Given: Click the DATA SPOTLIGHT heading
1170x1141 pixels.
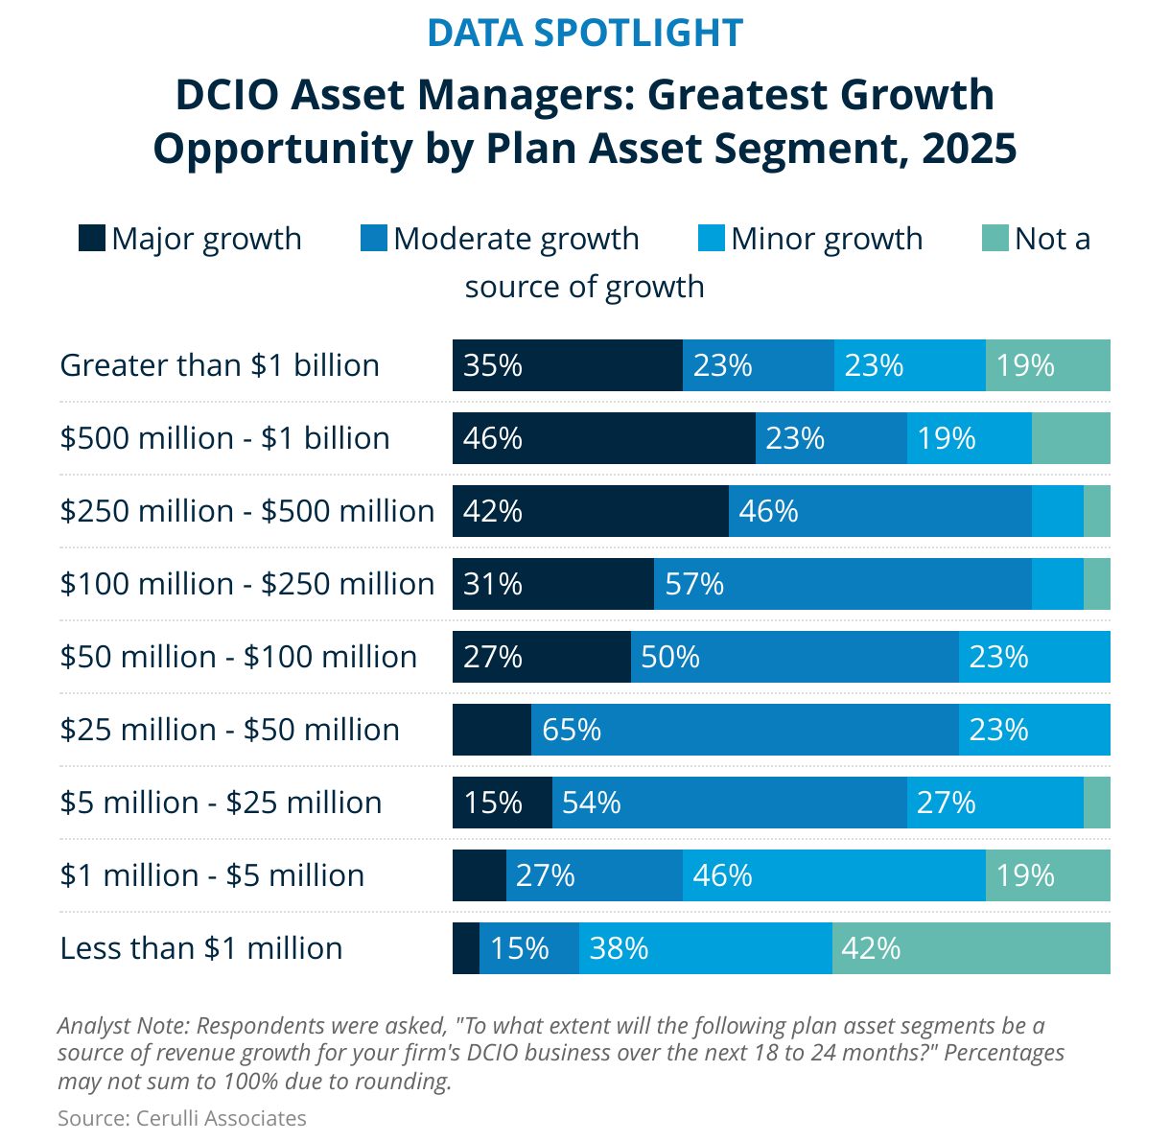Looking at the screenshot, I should (584, 33).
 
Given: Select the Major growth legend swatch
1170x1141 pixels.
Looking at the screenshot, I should (91, 238).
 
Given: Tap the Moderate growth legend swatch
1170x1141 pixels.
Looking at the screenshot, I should (373, 238).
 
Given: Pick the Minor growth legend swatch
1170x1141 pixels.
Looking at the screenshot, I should (711, 238).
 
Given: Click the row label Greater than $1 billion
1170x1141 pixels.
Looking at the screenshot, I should (220, 365).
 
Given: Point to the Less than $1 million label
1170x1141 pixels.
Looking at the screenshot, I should (201, 948).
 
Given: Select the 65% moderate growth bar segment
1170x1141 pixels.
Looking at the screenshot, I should (744, 730).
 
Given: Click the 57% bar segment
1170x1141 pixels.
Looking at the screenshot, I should (842, 584).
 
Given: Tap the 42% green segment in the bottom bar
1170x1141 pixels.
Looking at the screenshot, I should (971, 948).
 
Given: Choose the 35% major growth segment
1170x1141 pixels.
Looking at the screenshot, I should (567, 365).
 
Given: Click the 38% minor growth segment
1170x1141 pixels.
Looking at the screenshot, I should (705, 948).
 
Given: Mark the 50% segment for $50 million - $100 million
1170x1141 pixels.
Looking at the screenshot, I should (794, 657).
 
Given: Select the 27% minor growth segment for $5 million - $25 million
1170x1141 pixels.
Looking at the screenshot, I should (994, 803).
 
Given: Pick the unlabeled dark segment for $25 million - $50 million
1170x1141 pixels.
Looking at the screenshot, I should (492, 730).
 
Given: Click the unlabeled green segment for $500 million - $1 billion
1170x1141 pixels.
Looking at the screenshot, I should (1070, 438).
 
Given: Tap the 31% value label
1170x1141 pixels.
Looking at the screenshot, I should (493, 584).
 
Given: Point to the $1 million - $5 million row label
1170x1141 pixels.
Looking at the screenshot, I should (212, 875).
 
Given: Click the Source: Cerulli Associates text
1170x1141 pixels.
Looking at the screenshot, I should (182, 1118).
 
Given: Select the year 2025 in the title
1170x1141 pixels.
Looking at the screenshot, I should (969, 149).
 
